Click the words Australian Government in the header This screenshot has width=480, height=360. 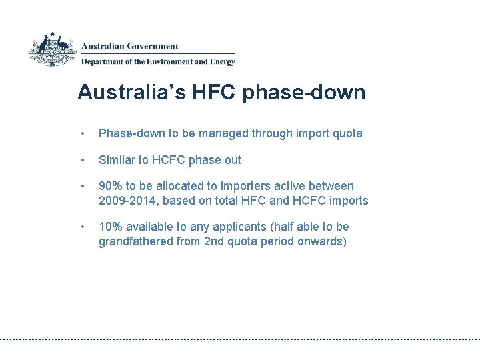130,47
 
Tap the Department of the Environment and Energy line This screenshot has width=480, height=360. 158,62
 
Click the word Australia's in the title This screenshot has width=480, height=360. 123,92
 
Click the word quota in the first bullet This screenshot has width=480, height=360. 347,133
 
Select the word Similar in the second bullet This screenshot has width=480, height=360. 117,160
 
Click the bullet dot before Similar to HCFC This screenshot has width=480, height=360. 82,161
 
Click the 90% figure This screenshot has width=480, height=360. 111,186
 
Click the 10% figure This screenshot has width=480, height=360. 111,227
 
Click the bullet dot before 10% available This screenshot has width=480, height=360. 82,227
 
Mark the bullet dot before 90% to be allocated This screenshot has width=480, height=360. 82,187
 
